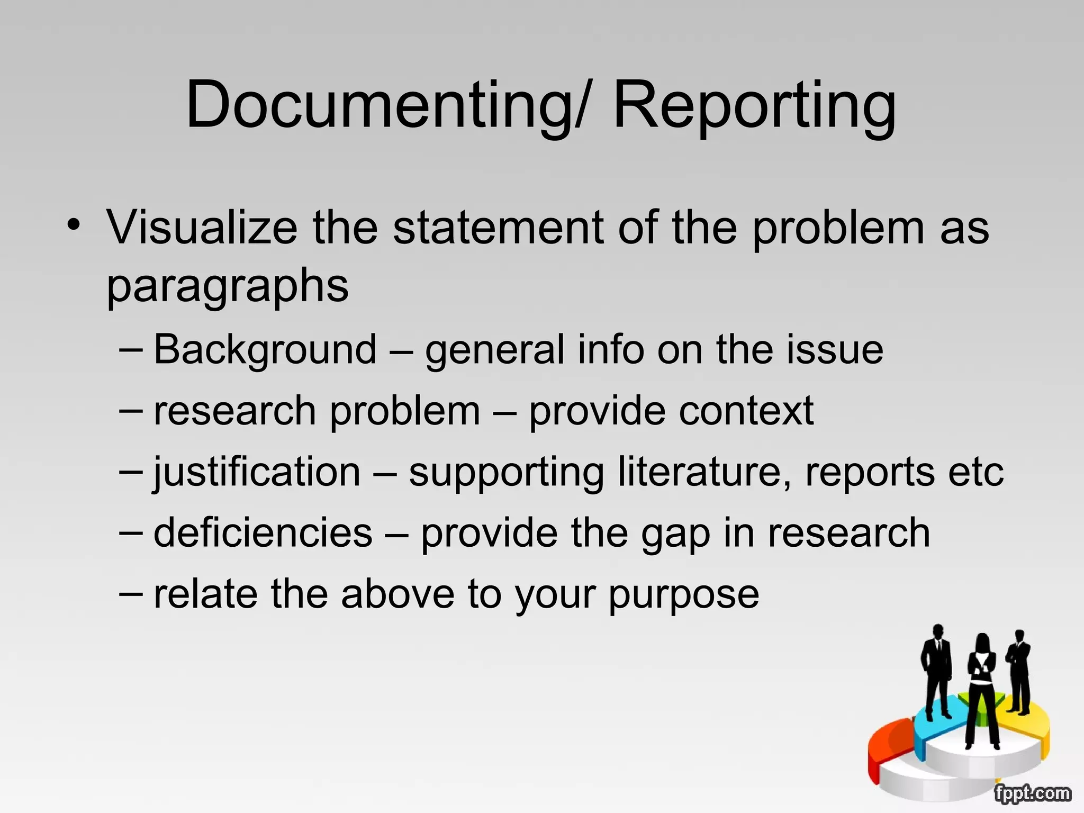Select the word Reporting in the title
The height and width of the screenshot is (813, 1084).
[754, 105]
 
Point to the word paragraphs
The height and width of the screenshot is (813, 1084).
[228, 286]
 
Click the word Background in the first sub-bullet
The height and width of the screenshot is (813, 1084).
[265, 350]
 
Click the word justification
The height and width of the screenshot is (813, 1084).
[257, 472]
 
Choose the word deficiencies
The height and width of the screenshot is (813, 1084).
[263, 533]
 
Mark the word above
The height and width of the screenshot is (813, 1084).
[398, 594]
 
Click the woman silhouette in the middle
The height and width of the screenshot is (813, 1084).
[981, 688]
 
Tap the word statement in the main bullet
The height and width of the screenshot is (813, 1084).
[498, 228]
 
